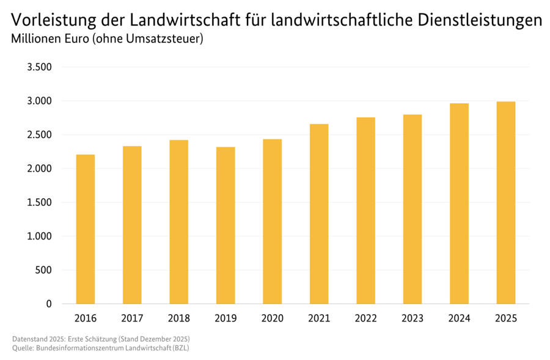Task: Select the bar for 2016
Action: [x=85, y=229]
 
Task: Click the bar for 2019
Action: [x=226, y=226]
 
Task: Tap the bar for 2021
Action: [x=319, y=214]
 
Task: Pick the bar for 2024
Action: [x=459, y=204]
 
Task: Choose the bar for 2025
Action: [x=506, y=203]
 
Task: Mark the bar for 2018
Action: [x=179, y=222]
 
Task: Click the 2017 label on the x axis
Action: [x=132, y=318]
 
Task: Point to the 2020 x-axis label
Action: [x=273, y=318]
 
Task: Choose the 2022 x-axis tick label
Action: [x=366, y=318]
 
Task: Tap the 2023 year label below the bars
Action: [x=413, y=318]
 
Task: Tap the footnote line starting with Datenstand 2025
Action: [x=101, y=339]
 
